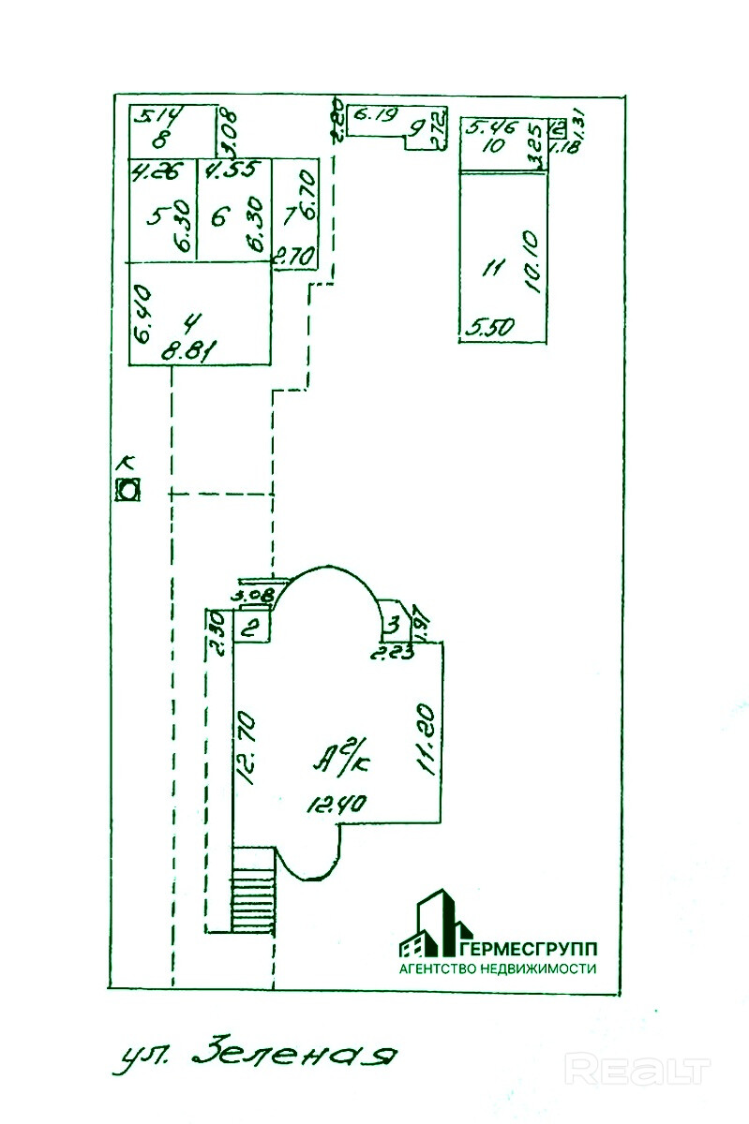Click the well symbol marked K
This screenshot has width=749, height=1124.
[127, 489]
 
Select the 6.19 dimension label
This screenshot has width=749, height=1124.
[372, 117]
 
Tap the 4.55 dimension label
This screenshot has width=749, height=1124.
[225, 171]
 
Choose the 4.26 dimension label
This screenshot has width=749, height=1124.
[151, 171]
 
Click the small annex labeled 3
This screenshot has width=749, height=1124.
[395, 622]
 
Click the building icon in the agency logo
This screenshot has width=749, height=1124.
[433, 926]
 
